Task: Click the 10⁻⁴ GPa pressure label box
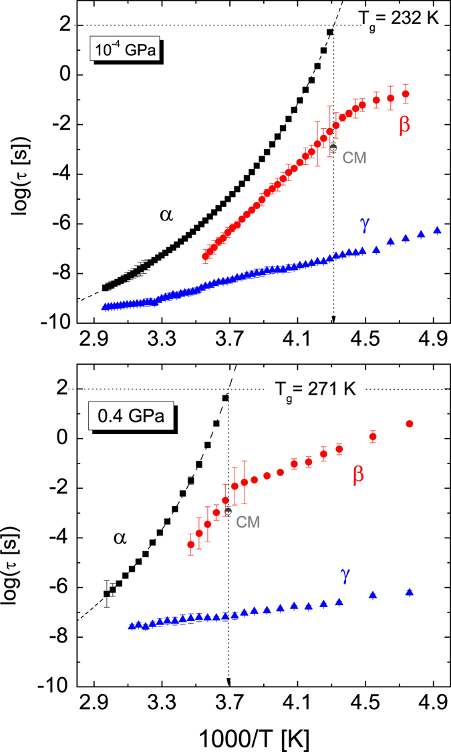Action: [x=126, y=50]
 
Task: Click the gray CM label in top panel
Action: [x=353, y=157]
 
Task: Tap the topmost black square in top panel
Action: [x=329, y=32]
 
